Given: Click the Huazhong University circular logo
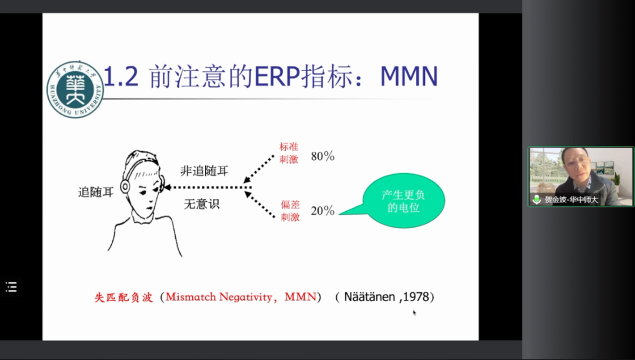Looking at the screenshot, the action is tap(75, 89).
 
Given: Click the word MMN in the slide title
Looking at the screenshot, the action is tap(409, 76).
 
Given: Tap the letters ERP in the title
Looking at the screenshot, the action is tap(277, 76).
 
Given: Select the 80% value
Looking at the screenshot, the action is tap(323, 156).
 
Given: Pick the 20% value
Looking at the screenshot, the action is tap(323, 211).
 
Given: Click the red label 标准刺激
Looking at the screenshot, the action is tap(289, 153).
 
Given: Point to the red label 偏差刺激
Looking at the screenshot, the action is tap(290, 211).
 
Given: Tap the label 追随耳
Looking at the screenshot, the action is tap(96, 192).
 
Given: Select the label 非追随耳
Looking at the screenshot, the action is tap(205, 171).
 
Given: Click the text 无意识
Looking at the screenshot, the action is tap(202, 204).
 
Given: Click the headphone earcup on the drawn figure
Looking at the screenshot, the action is tap(125, 186).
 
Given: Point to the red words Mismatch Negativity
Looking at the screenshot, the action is tap(219, 297).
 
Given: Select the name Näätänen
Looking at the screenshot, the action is tap(369, 297).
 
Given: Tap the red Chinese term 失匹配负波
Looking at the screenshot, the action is tap(123, 298).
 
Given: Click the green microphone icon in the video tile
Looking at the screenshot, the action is tap(537, 199).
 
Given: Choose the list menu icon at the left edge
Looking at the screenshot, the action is tap(11, 287).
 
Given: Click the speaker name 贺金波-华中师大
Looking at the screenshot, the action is tap(571, 199).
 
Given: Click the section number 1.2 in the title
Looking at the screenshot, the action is tap(121, 76).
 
